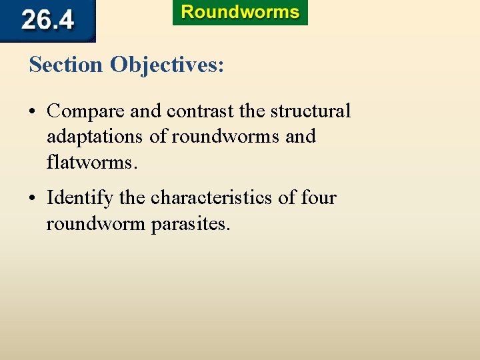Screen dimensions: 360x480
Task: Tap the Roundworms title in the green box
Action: [240, 13]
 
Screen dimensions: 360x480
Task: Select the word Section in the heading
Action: [67, 65]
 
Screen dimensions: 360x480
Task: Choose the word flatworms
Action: [91, 162]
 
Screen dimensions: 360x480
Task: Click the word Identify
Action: [75, 198]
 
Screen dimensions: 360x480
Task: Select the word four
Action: [319, 198]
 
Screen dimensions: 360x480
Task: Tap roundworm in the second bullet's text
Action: [96, 223]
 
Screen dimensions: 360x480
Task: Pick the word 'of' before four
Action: [291, 198]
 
